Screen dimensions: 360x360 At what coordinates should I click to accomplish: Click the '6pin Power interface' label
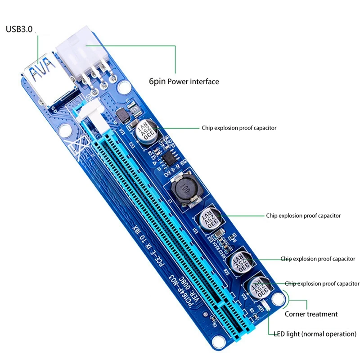184,81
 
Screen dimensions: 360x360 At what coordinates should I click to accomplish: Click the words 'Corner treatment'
311,314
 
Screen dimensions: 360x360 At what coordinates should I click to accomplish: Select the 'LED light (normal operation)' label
315,334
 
